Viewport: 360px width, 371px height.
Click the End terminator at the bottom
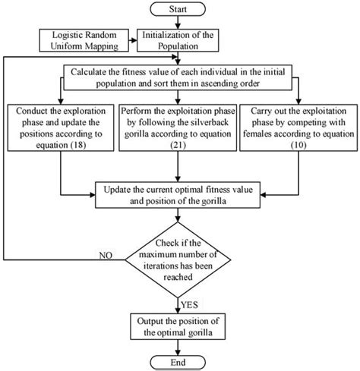pos(179,362)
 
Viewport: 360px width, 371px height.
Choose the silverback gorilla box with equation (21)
pos(180,128)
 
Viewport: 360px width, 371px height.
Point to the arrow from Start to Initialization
pos(179,23)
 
